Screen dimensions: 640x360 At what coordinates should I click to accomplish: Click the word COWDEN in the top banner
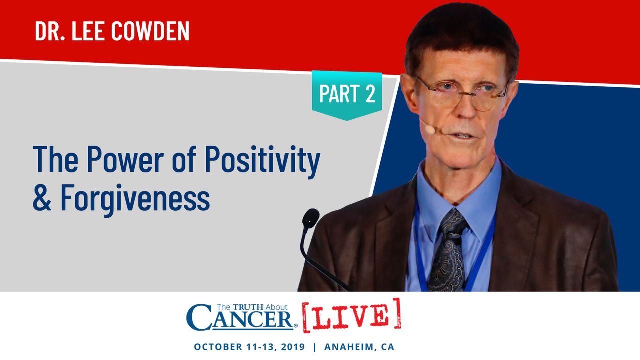[x=150, y=31]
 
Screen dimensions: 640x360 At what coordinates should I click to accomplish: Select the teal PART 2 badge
[x=347, y=95]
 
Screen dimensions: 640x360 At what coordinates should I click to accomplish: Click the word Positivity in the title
[x=262, y=161]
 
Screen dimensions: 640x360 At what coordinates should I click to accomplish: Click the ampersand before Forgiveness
[x=42, y=197]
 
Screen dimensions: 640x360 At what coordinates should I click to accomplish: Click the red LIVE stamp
[x=351, y=315]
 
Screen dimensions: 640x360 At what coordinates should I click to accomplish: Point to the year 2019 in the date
[x=293, y=347]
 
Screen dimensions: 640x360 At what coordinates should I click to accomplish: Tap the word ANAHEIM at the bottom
[x=349, y=347]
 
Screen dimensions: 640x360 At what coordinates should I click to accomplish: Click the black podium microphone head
[x=310, y=218]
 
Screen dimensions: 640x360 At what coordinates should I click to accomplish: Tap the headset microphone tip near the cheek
[x=430, y=129]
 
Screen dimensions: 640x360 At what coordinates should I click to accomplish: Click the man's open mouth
[x=463, y=135]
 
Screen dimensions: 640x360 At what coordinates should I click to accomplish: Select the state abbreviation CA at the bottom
[x=388, y=347]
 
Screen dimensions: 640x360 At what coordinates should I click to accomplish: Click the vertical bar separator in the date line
[x=315, y=347]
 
